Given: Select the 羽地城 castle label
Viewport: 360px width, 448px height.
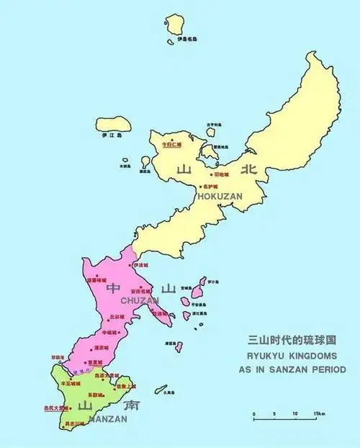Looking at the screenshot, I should point(221,174).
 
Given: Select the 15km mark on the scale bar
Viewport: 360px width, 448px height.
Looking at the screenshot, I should point(318,414).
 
